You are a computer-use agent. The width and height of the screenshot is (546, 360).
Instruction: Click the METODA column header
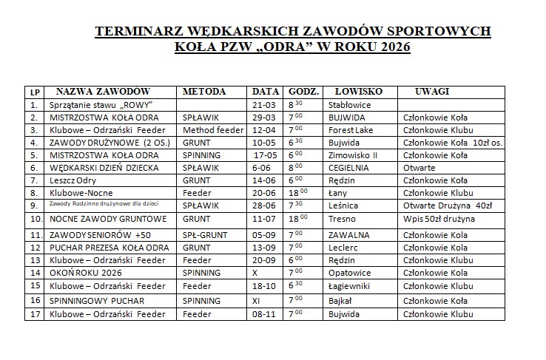tap(205, 92)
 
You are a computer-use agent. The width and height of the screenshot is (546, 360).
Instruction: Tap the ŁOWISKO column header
tap(358, 92)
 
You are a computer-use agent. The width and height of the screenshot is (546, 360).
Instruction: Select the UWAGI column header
tap(432, 92)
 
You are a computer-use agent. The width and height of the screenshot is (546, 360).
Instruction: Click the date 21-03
tap(263, 105)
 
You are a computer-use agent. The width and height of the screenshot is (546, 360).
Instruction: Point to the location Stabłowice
tap(350, 105)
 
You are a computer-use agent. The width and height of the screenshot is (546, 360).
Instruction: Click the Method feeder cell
tap(213, 129)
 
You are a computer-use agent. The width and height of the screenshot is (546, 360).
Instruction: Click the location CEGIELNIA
tap(349, 168)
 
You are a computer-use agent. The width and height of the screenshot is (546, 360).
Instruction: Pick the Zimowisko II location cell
tap(353, 155)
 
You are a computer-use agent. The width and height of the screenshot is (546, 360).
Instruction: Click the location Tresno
tap(341, 219)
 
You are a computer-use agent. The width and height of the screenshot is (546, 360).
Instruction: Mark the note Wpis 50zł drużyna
tap(439, 219)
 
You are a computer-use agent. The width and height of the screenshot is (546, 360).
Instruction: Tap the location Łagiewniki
tap(351, 285)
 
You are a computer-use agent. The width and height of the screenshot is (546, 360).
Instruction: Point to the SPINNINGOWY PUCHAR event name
tap(97, 301)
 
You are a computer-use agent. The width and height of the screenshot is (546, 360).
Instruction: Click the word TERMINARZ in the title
tap(141, 32)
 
